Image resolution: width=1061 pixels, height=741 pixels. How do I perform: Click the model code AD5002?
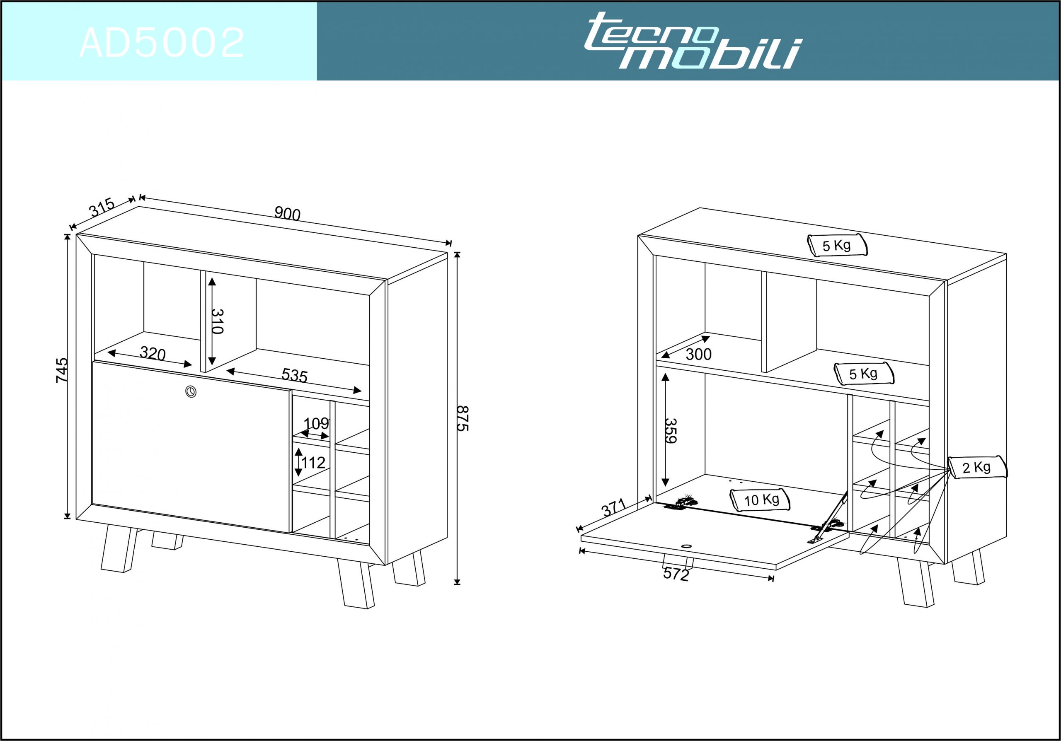click(x=162, y=43)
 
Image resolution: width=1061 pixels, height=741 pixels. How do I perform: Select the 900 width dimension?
click(x=288, y=214)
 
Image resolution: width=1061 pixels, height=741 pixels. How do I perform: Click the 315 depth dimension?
click(x=102, y=207)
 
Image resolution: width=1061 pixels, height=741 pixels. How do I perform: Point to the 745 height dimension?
click(x=61, y=370)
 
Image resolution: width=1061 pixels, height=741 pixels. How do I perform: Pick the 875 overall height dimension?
click(x=463, y=418)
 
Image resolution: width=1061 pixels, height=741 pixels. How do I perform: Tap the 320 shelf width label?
click(x=153, y=354)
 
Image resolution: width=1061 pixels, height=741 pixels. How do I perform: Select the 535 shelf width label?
click(x=294, y=375)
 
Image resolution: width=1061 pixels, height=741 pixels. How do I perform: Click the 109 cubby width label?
click(x=316, y=423)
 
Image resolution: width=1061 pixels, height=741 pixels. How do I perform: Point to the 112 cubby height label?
click(x=313, y=462)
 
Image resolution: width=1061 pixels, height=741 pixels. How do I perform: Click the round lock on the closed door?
click(x=190, y=391)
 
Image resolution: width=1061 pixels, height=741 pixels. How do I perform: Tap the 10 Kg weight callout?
click(x=760, y=500)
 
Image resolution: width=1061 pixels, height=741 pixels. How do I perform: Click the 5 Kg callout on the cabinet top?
click(x=837, y=245)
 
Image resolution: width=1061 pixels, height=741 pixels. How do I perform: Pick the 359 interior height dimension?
click(x=671, y=430)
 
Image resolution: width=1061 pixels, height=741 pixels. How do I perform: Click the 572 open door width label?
click(x=676, y=574)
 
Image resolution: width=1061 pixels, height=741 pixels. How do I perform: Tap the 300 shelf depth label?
click(x=698, y=354)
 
